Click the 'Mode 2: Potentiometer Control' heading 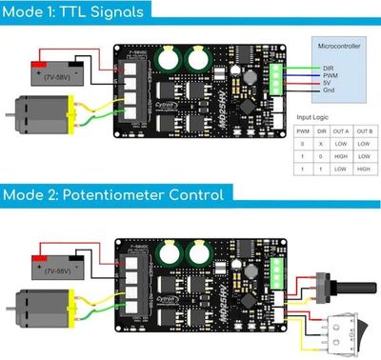point(113,194)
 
